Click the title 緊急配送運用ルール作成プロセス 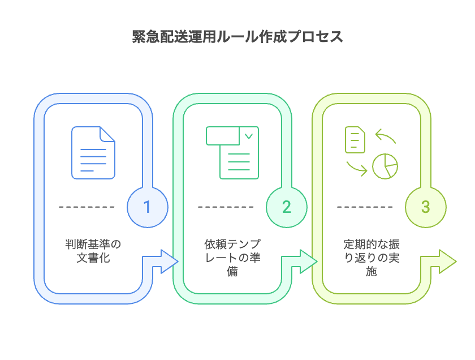click(x=237, y=37)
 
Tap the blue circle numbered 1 click(x=148, y=207)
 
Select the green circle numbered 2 click(x=286, y=207)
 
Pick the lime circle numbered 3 click(x=425, y=207)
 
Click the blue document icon click(x=93, y=153)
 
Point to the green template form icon click(x=232, y=153)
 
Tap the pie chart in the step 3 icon click(x=385, y=165)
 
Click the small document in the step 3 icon click(x=355, y=140)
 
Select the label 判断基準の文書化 click(x=93, y=251)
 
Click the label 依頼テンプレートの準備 click(x=232, y=258)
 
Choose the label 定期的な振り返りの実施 click(x=372, y=258)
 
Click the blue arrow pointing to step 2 click(x=164, y=262)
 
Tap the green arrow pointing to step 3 click(x=303, y=262)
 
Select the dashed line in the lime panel click(x=365, y=207)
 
